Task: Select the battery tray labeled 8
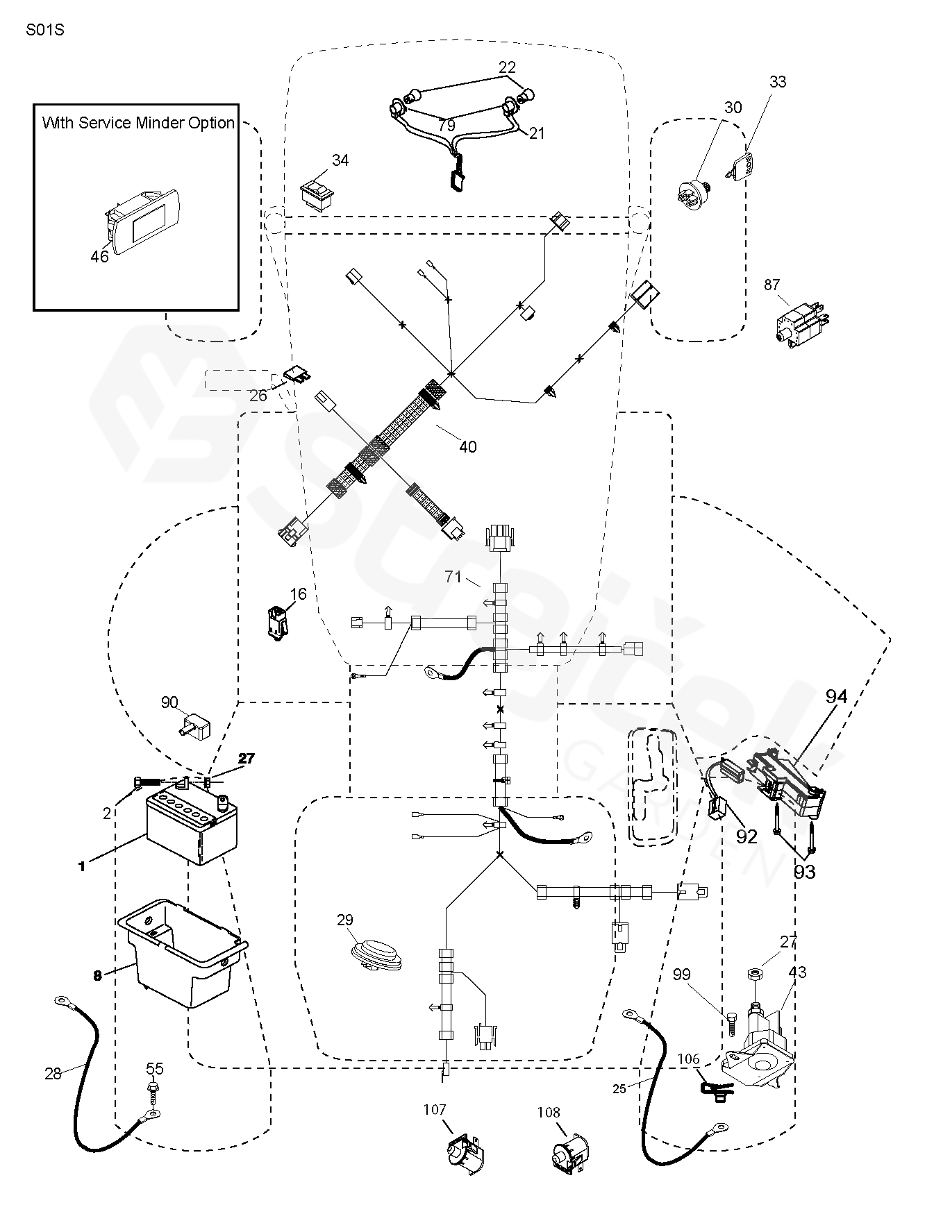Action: pos(184,951)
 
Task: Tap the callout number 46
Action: pos(100,256)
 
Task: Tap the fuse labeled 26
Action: pos(298,376)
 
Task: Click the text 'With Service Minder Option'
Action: pos(138,123)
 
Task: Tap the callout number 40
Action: pos(468,446)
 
